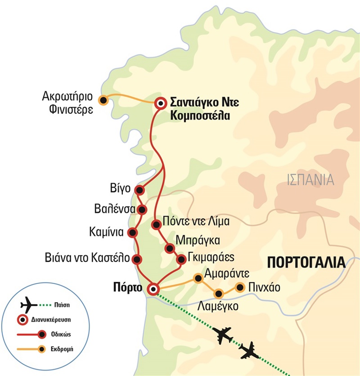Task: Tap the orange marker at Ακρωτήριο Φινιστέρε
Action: click(103, 100)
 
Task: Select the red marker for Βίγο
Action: click(140, 189)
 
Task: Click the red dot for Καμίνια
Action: click(133, 233)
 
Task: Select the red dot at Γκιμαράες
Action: click(181, 260)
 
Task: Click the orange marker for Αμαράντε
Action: click(197, 278)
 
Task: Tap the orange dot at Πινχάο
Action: click(240, 287)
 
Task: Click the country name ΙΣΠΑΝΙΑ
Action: click(310, 180)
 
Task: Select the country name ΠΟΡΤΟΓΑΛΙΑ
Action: click(306, 262)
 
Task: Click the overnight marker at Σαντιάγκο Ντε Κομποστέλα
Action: click(160, 103)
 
